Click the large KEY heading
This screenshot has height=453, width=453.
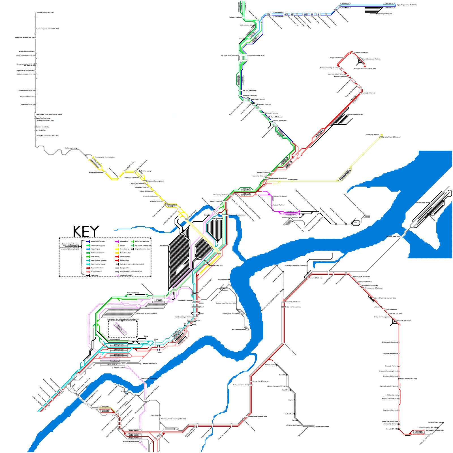pos(86,232)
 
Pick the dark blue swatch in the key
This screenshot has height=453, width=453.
pos(88,242)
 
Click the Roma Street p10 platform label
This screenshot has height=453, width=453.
pos(116,339)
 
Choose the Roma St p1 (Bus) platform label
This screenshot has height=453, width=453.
pos(119,367)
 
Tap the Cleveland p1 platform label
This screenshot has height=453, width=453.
pos(418,431)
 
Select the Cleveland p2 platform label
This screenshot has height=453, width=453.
pos(418,433)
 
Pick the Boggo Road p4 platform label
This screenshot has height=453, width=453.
pos(134,438)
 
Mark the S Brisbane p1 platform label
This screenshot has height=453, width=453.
pos(104,407)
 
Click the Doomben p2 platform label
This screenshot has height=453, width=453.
pos(290,211)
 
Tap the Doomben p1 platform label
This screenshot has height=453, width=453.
pos(290,215)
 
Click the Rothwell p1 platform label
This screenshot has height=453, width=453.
pos(345,4)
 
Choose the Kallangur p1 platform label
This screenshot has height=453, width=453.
pos(279,12)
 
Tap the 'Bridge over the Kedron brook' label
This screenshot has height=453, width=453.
pos(277,179)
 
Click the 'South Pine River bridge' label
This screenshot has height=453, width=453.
pos(43,118)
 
